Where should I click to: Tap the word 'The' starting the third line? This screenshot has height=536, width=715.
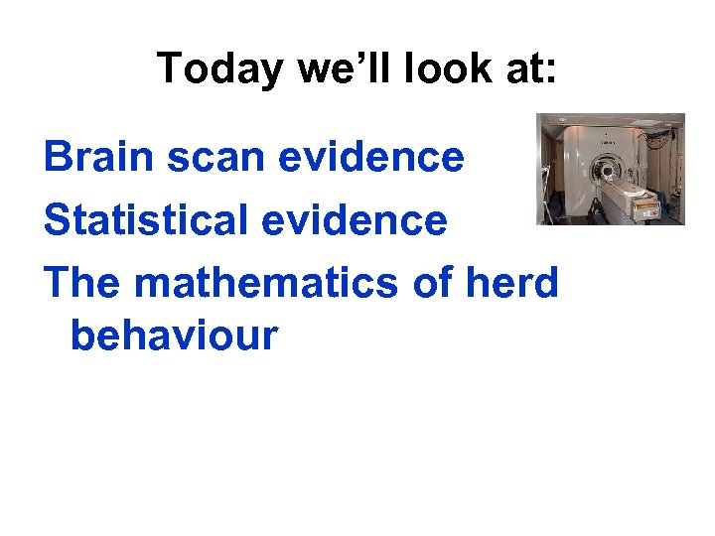[83, 283]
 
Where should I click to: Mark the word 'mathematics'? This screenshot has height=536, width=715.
[268, 283]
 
